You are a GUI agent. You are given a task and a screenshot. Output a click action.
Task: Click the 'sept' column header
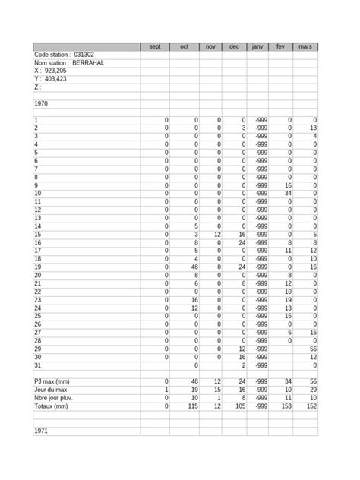tap(155, 47)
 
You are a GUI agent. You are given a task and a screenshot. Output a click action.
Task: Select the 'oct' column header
tap(185, 47)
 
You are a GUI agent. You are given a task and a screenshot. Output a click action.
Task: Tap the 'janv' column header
tap(257, 47)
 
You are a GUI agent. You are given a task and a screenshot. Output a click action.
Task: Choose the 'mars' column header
tap(306, 47)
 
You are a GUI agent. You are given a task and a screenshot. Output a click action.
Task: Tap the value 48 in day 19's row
tap(194, 267)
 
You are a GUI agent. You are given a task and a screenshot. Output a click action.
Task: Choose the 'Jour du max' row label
tap(51, 390)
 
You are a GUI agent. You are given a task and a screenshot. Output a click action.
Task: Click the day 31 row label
tap(37, 365)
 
